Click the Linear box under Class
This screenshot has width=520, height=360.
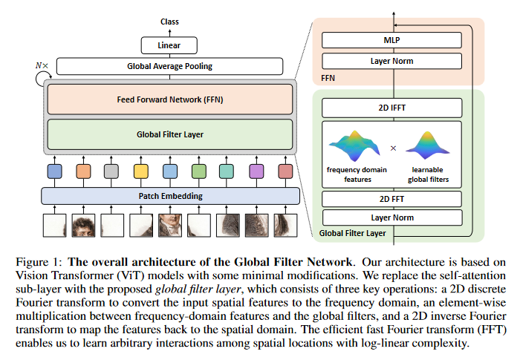click(x=169, y=46)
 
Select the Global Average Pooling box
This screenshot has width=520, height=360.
click(x=169, y=67)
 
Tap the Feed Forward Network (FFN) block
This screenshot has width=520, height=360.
click(x=169, y=99)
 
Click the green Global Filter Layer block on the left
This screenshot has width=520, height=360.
click(x=169, y=135)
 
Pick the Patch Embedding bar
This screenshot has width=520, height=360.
click(x=169, y=197)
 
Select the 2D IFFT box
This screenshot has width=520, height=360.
click(x=391, y=108)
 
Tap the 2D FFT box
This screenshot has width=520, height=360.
click(x=391, y=200)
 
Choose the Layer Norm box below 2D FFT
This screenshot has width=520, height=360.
click(x=391, y=218)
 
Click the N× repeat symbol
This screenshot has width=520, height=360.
click(x=42, y=65)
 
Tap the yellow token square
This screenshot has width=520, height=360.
click(x=140, y=171)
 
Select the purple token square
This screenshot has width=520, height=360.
click(x=256, y=171)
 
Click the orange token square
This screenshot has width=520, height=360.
click(x=82, y=171)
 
